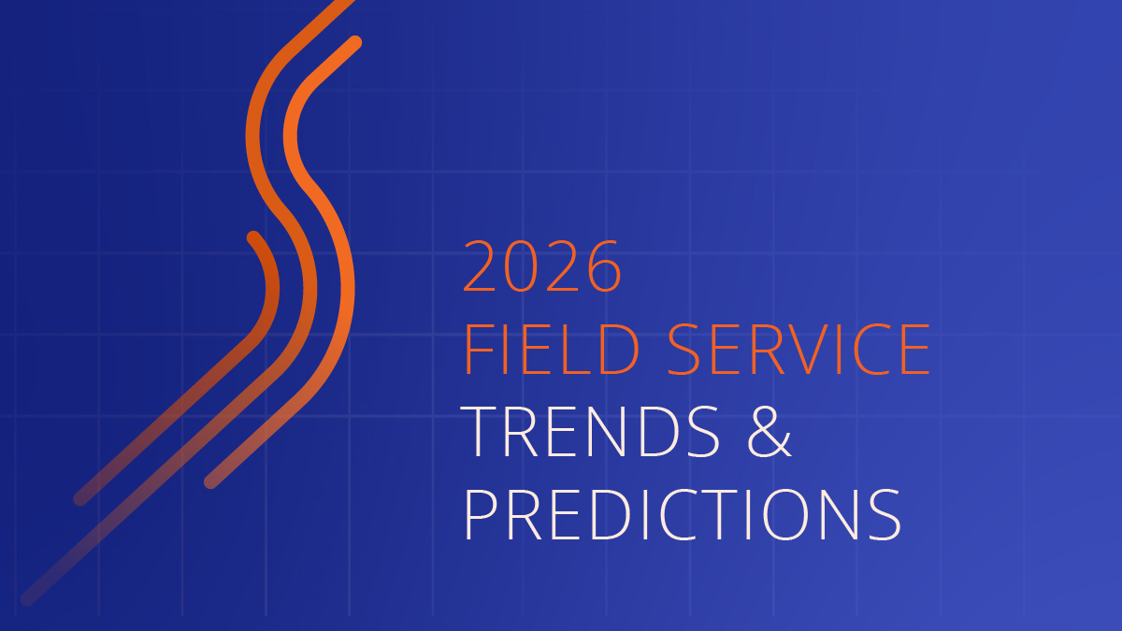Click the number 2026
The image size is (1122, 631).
click(x=542, y=266)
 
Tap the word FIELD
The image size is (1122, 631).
click(x=552, y=349)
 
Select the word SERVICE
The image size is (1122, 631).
click(x=798, y=349)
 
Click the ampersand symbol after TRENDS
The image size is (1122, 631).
click(x=770, y=432)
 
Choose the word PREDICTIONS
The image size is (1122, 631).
click(x=683, y=515)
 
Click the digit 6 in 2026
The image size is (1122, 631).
click(x=605, y=266)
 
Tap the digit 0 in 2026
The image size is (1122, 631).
click(x=522, y=266)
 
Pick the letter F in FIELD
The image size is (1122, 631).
click(x=479, y=349)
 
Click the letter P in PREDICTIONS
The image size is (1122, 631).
click(x=481, y=515)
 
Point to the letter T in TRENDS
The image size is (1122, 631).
click(x=481, y=432)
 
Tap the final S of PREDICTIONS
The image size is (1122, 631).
click(x=885, y=515)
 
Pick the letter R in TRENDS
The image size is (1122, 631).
click(x=522, y=432)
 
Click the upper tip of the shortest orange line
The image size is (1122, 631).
click(x=253, y=237)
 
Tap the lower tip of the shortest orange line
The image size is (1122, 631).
click(x=80, y=499)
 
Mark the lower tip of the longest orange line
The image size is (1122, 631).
click(x=27, y=599)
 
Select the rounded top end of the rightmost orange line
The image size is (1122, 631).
click(x=354, y=43)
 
